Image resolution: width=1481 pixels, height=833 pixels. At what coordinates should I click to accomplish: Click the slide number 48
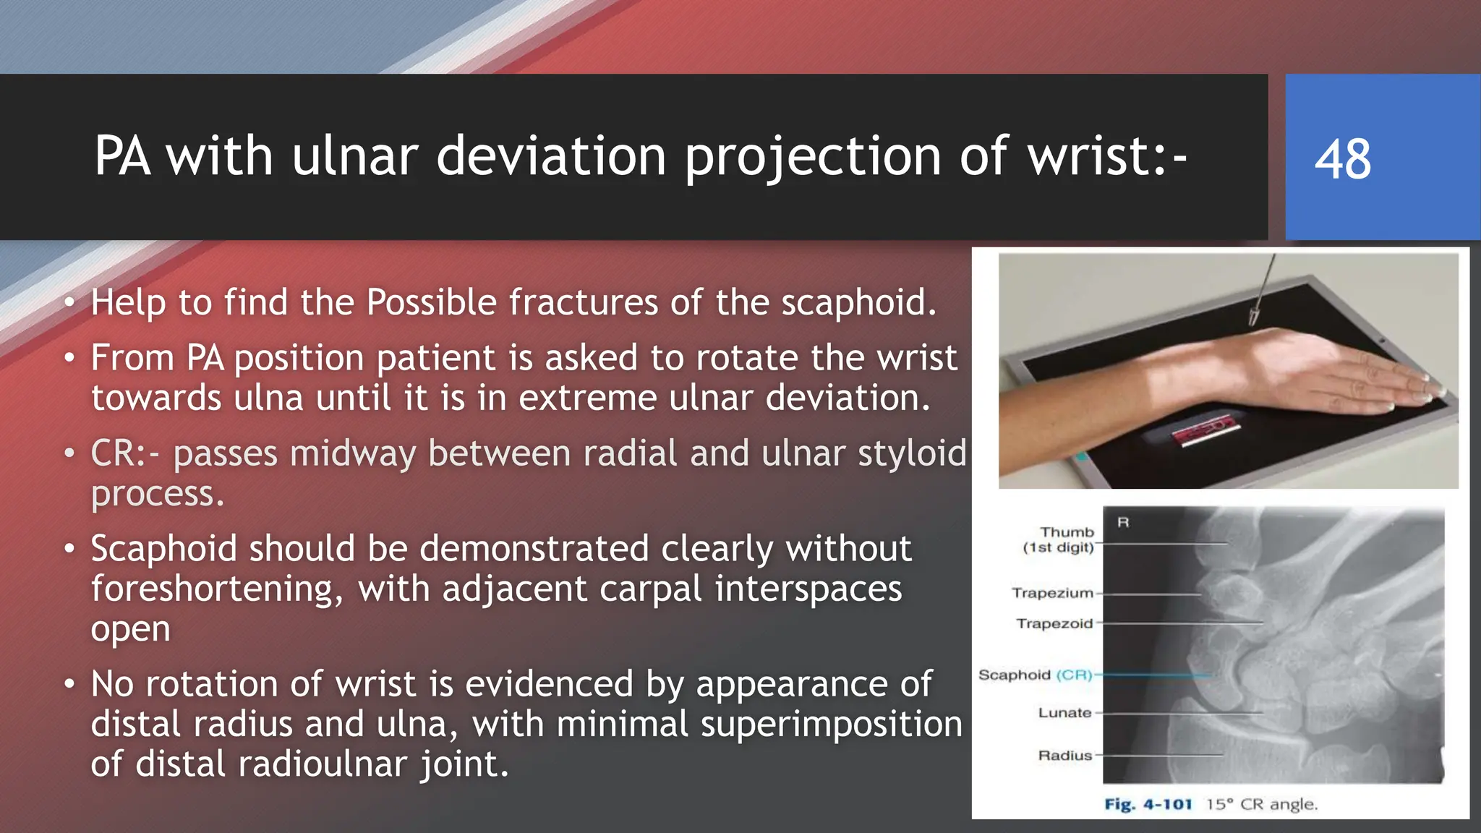click(x=1342, y=159)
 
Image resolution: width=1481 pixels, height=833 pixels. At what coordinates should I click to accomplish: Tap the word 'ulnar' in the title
click(x=355, y=156)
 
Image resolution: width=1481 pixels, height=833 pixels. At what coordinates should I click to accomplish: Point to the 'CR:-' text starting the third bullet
click(x=125, y=454)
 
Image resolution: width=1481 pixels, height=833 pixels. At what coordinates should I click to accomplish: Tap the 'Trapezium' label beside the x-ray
click(x=1052, y=593)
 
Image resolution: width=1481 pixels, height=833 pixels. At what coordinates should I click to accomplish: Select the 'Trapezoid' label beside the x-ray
click(x=1054, y=623)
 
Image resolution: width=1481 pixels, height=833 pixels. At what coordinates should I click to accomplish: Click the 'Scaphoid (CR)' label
click(x=1035, y=675)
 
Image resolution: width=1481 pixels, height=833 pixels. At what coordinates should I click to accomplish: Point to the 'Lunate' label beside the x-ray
click(x=1064, y=713)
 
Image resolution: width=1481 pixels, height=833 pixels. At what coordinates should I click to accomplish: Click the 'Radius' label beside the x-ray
click(x=1064, y=756)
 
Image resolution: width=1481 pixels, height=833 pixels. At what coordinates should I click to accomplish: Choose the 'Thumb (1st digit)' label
click(x=1059, y=539)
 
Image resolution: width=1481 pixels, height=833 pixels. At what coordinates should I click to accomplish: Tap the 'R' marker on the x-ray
click(x=1123, y=522)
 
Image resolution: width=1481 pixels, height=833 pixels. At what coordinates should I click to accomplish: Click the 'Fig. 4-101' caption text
click(x=1148, y=804)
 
